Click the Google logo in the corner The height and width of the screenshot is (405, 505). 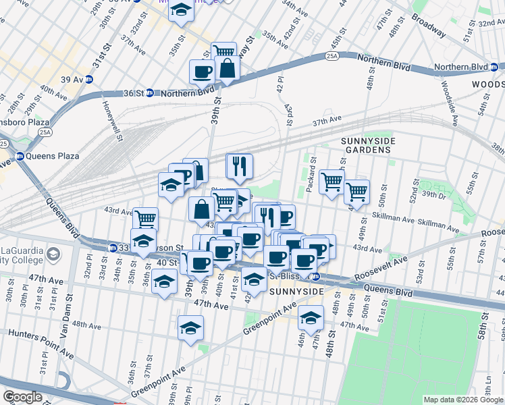coord(22,396)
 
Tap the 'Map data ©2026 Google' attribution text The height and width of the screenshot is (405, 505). coord(463,400)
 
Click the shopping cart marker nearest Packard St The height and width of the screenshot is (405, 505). coord(331,181)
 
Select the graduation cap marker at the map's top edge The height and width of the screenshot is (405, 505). coord(180,11)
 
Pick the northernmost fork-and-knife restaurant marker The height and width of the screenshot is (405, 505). coord(239,166)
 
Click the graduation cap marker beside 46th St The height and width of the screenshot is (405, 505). coord(311,318)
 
